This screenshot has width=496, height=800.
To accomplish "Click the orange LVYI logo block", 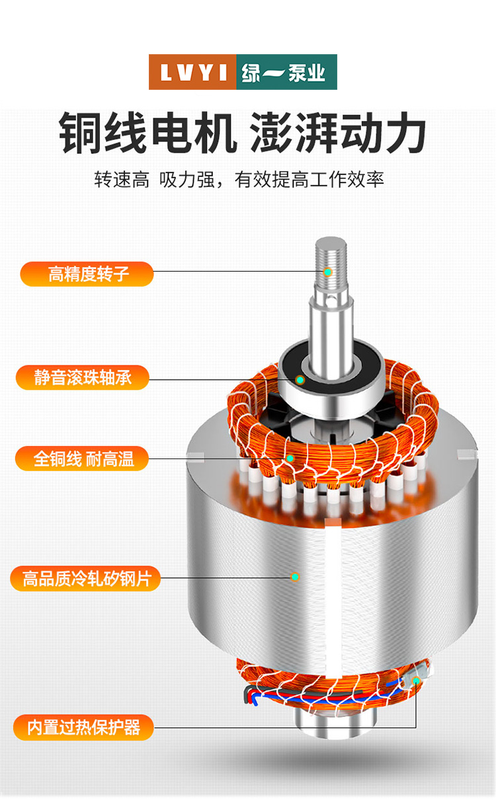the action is [192, 72].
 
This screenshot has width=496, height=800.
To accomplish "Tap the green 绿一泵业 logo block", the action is [287, 72].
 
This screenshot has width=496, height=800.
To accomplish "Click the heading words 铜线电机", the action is [147, 133].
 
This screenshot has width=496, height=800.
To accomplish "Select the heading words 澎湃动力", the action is [337, 133].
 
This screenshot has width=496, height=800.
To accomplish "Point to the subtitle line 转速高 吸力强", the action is [155, 179].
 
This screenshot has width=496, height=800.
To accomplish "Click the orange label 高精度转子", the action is [87, 274].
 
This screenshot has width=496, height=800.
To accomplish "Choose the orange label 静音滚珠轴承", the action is [82, 377].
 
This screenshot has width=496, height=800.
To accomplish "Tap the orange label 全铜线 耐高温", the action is [82, 458].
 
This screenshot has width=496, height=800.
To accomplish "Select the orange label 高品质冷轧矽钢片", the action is [85, 578].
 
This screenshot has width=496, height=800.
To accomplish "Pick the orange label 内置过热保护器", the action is [83, 727].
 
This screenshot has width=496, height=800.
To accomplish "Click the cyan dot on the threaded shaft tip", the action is [327, 272].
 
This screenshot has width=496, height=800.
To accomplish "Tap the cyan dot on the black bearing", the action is [300, 380].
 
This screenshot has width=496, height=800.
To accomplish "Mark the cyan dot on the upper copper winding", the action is [290, 458].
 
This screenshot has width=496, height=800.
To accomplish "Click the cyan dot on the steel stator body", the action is [295, 577].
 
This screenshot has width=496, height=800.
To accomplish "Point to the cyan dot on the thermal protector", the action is [416, 680].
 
